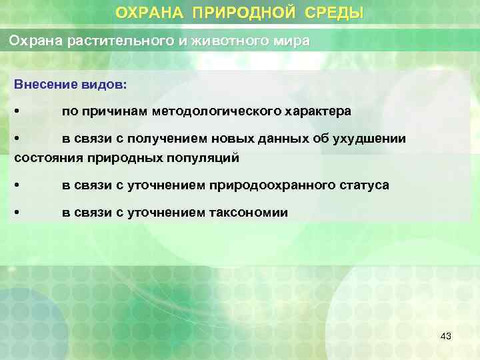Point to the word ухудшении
[371, 138]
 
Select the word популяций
[205, 158]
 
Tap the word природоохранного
[268, 185]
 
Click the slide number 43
[446, 337]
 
